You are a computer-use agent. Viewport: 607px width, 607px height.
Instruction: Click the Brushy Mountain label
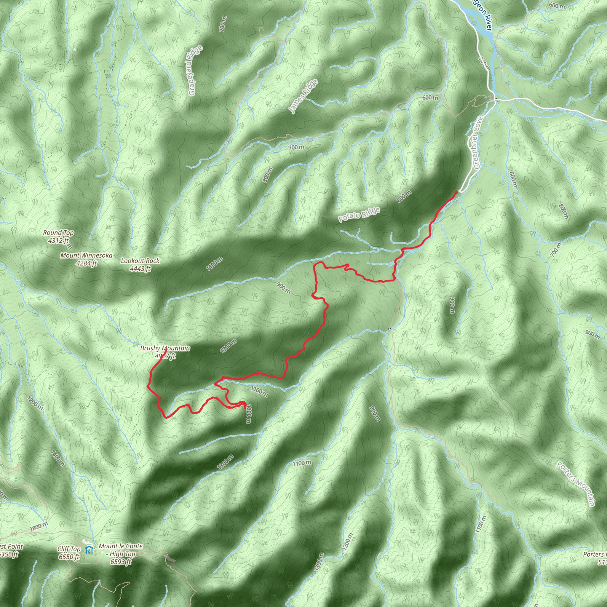(165, 349)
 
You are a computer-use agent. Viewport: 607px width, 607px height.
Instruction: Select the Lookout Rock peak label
(140, 261)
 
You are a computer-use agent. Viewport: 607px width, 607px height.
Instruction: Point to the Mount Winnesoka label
(87, 255)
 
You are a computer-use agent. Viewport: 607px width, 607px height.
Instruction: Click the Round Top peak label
(58, 233)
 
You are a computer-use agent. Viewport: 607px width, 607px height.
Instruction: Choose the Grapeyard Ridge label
(195, 70)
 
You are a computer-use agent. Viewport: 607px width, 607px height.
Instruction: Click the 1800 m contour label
(39, 527)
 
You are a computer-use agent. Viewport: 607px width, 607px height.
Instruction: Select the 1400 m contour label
(57, 458)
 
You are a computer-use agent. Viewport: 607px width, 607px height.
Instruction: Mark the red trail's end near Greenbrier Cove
(456, 192)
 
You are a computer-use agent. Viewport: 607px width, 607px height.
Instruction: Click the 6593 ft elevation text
(121, 562)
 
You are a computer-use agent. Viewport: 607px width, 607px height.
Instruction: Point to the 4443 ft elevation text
(140, 269)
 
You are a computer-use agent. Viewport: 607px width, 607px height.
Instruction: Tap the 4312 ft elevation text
(58, 241)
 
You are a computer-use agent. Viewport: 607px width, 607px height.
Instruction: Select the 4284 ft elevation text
(87, 263)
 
